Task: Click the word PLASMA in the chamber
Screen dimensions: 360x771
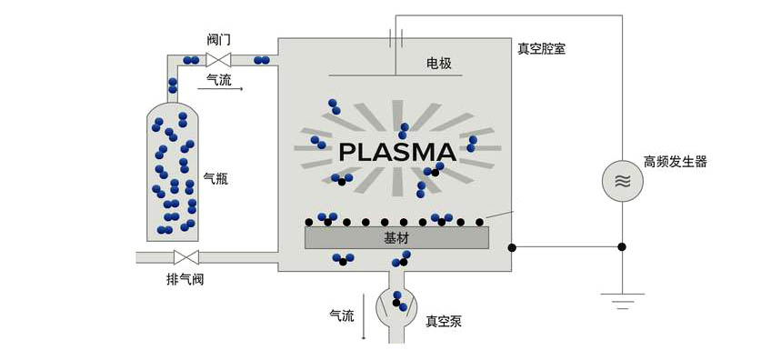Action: click(x=396, y=151)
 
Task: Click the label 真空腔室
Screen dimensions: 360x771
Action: click(x=542, y=48)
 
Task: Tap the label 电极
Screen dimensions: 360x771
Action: click(x=439, y=64)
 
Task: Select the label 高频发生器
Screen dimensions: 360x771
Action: click(x=675, y=162)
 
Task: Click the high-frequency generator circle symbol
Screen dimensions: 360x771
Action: click(x=623, y=180)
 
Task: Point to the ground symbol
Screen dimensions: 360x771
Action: click(x=623, y=298)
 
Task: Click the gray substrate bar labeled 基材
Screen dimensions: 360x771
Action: click(x=396, y=237)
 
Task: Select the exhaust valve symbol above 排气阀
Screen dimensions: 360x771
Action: click(x=186, y=257)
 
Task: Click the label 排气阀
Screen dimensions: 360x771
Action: click(x=185, y=279)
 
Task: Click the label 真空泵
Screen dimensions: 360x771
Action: click(x=444, y=320)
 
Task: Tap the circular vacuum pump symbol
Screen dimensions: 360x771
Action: click(x=397, y=305)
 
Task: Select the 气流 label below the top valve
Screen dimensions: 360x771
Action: click(x=219, y=80)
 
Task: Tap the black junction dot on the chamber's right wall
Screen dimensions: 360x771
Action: click(x=512, y=246)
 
